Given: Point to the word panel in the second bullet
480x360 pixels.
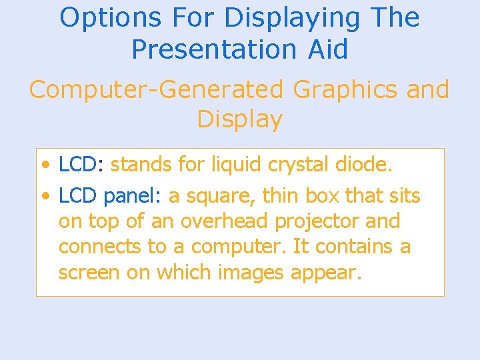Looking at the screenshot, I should pyautogui.click(x=133, y=196).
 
